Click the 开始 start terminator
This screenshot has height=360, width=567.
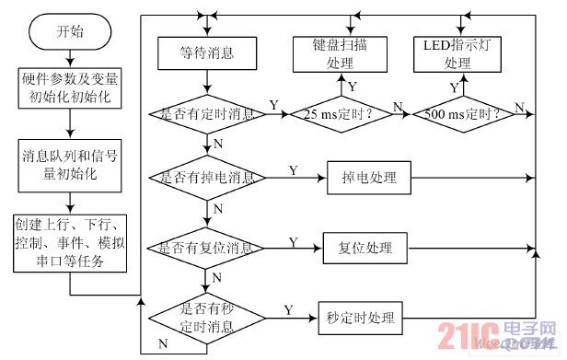(69, 32)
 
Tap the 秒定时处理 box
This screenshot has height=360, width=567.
(359, 319)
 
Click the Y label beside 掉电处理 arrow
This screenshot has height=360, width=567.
(293, 170)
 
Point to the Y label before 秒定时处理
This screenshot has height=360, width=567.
(287, 310)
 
